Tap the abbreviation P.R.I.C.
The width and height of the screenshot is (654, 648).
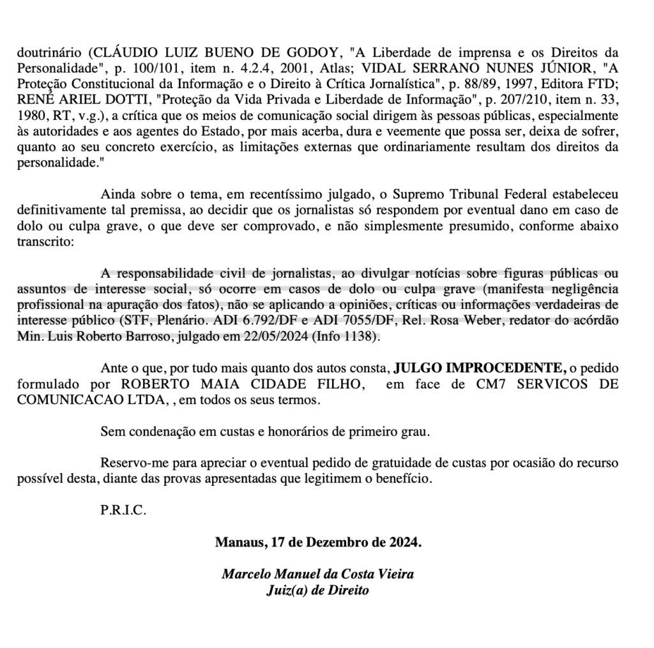[123, 511]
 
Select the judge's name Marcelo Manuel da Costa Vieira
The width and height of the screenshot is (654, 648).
[317, 574]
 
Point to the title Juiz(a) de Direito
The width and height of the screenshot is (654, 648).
[317, 590]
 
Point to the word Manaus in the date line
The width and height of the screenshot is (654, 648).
[238, 543]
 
